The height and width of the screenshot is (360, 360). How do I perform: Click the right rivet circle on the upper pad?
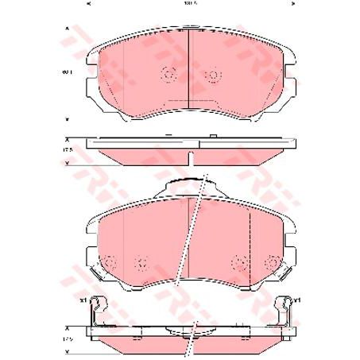click(x=211, y=76)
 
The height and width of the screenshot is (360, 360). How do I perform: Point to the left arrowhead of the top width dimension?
click(x=87, y=4)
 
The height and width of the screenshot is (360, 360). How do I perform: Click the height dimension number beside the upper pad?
click(x=68, y=72)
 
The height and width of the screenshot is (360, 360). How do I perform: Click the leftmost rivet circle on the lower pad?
click(x=110, y=260)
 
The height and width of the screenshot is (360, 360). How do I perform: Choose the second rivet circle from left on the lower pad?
click(x=141, y=260)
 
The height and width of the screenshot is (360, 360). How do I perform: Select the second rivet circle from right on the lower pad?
click(x=239, y=260)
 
